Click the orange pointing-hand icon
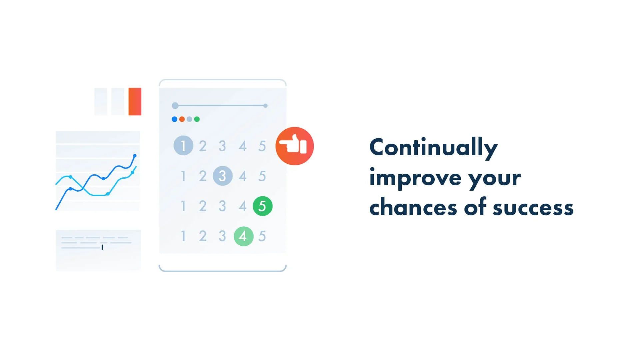295,146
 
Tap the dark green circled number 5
263,206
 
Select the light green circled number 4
244,236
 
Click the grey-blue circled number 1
183,146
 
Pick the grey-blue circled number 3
223,176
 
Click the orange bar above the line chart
135,102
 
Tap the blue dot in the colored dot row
174,119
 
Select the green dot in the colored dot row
197,119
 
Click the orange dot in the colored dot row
182,119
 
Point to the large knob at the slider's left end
175,106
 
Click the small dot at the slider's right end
266,106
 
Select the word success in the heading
533,208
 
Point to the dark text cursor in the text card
102,247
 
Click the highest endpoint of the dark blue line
135,156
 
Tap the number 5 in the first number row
262,146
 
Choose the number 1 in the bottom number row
183,236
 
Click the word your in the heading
494,179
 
